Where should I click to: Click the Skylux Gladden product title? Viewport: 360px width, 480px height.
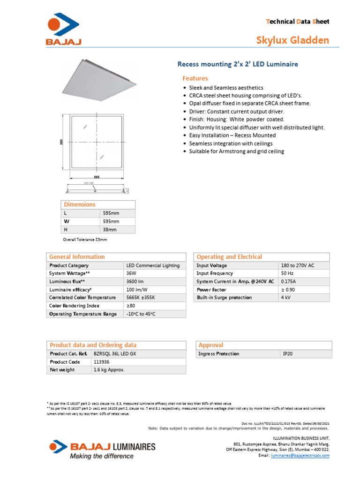(x=292, y=40)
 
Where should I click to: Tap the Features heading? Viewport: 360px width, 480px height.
(x=195, y=78)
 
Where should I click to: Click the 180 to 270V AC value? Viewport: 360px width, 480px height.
(x=297, y=265)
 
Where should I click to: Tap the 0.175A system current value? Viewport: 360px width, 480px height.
(x=289, y=281)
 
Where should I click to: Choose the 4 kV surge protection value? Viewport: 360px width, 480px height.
(x=285, y=298)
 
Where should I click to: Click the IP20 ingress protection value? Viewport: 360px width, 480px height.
(x=288, y=354)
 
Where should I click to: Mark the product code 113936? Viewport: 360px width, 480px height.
(x=102, y=362)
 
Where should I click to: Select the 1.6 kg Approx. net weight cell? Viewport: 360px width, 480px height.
(x=109, y=370)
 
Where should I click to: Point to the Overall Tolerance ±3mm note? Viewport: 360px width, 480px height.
(x=85, y=240)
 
